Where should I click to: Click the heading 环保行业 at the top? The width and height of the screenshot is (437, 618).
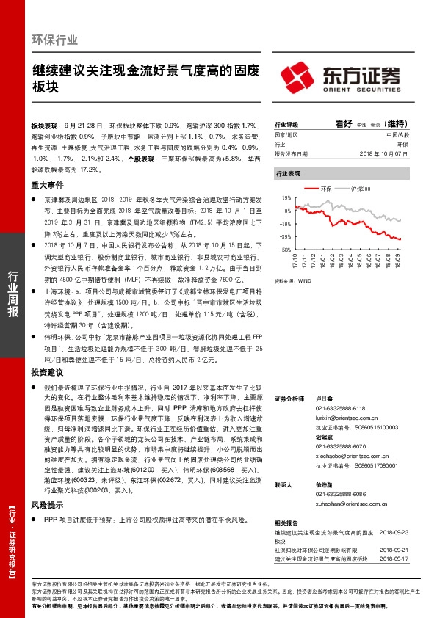[x=55, y=40]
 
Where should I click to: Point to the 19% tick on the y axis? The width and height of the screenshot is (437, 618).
[x=286, y=197]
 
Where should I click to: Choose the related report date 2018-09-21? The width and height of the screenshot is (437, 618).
[x=395, y=548]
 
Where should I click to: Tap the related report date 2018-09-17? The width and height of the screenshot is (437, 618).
[x=395, y=559]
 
